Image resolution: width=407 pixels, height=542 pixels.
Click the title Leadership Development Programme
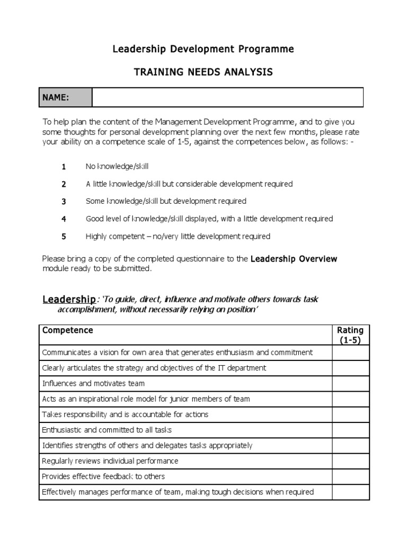click(203, 49)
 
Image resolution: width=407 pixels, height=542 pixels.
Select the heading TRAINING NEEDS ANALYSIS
click(203, 72)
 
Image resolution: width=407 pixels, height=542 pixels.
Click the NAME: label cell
click(66, 97)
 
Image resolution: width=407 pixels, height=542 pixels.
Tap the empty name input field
click(228, 97)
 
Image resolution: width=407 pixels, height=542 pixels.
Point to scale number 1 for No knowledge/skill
click(64, 167)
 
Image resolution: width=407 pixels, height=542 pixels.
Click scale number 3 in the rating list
click(64, 201)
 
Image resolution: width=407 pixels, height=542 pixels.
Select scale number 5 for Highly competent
click(64, 237)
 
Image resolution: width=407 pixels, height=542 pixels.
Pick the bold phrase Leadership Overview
click(294, 259)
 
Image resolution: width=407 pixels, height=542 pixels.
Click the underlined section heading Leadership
click(68, 300)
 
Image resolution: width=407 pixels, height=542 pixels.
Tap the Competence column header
click(67, 330)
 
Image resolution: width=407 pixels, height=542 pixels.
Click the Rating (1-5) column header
click(350, 335)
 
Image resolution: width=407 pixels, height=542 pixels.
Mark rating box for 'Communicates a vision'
click(350, 353)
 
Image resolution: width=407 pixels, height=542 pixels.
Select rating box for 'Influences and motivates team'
click(350, 384)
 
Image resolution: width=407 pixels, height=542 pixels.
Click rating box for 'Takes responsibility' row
click(350, 414)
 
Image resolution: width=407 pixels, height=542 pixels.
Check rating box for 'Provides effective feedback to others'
click(350, 477)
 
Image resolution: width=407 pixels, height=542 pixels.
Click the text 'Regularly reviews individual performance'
click(110, 461)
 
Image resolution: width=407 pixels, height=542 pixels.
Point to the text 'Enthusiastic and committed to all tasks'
click(107, 430)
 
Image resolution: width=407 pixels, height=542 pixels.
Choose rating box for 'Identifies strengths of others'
click(350, 446)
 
